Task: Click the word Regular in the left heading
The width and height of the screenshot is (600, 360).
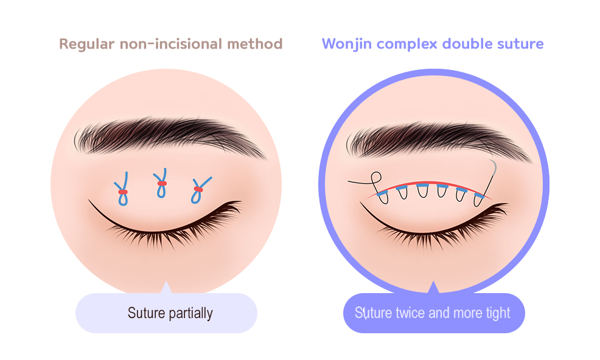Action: (84, 44)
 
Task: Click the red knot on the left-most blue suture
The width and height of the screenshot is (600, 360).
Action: (123, 192)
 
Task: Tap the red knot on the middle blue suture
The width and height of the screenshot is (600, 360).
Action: (161, 183)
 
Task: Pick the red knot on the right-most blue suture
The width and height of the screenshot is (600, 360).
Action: (198, 189)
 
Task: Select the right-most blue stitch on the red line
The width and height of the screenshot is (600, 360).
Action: (479, 195)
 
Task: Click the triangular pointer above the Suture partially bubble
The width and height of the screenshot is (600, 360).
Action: (166, 288)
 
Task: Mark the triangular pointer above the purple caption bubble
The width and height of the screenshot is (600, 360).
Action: (433, 288)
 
